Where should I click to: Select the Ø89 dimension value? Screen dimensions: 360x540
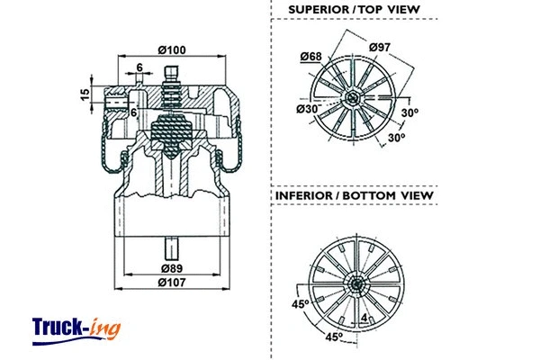(x=172, y=268)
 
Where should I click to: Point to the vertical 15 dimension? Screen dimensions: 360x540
(x=84, y=94)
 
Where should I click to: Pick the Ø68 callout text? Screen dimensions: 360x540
(x=311, y=57)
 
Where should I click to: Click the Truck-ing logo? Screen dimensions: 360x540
(x=76, y=328)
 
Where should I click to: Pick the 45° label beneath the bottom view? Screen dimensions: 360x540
(x=333, y=338)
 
